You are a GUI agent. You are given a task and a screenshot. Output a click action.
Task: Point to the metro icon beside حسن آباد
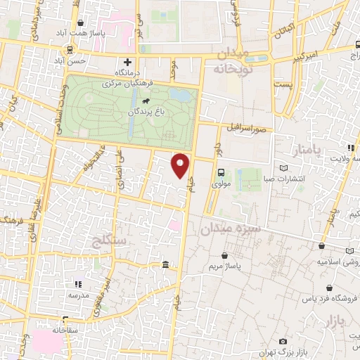pos(70,49)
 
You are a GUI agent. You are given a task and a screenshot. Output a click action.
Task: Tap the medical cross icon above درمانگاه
pos(127,63)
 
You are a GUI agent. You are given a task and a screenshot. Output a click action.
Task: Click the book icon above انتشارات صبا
pos(284,169)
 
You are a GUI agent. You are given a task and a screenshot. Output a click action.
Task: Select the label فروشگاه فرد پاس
pos(330,299)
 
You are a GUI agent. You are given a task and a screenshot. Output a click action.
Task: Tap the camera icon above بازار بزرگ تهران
pos(283,341)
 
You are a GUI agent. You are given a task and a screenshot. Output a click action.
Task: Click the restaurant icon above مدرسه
pos(79,285)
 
